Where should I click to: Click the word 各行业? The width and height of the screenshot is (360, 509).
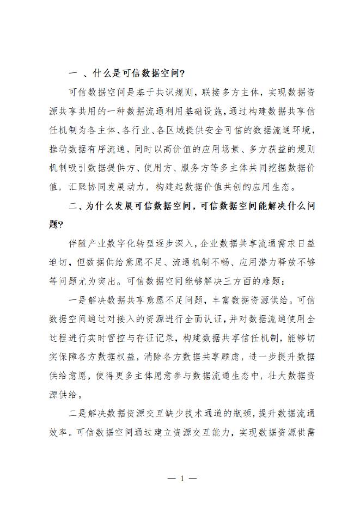(x=137, y=131)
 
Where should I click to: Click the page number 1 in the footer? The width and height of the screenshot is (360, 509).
(x=180, y=479)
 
